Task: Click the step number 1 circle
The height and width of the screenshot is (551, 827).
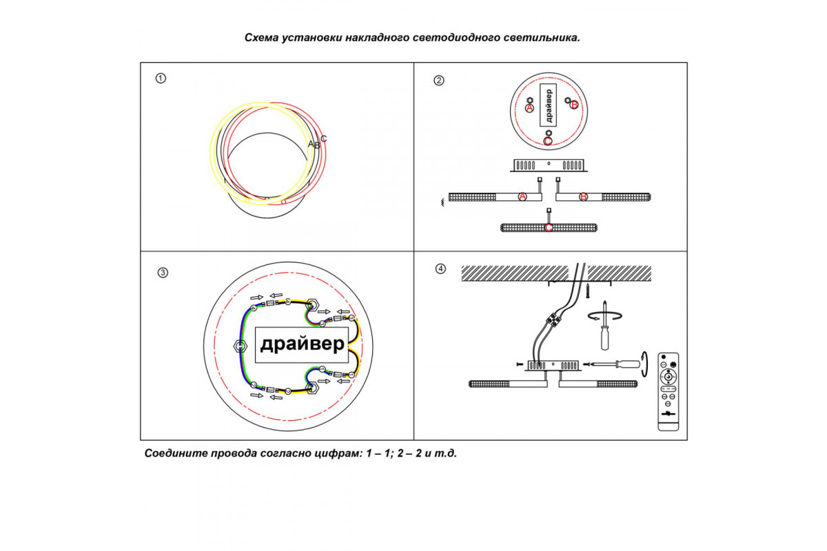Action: pyautogui.click(x=161, y=79)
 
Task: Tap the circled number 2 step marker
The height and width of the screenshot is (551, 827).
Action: pyautogui.click(x=439, y=81)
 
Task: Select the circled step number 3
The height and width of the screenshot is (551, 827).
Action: pyautogui.click(x=163, y=273)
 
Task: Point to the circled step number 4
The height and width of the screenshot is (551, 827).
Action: pyautogui.click(x=441, y=269)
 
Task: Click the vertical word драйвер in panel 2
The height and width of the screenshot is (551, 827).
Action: pyautogui.click(x=548, y=105)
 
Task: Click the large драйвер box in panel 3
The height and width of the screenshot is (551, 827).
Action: pyautogui.click(x=301, y=344)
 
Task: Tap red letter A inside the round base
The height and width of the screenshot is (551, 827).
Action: pyautogui.click(x=529, y=108)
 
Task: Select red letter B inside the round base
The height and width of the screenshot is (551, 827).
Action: pyautogui.click(x=574, y=105)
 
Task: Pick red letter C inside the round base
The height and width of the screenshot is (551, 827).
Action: pyautogui.click(x=548, y=141)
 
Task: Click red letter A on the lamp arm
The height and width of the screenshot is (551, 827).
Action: pyautogui.click(x=522, y=197)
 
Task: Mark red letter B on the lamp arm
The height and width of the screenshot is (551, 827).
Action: pyautogui.click(x=583, y=197)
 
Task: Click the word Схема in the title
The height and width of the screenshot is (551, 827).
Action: pyautogui.click(x=261, y=38)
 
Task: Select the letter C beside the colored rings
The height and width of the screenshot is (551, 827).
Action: pyautogui.click(x=324, y=138)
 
